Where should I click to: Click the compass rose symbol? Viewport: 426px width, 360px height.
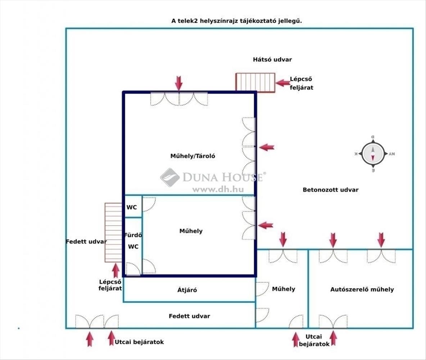point(373,154)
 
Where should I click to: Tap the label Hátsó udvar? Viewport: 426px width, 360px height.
point(272,59)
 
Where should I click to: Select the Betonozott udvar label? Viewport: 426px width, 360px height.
point(330,190)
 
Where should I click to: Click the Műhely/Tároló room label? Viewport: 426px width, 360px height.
point(192,156)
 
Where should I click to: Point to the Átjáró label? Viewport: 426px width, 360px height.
point(187,290)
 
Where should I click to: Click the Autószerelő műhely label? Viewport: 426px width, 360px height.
point(362,289)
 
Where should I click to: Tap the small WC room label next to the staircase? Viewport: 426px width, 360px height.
point(131,207)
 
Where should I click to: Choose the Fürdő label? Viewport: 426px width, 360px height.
point(133,235)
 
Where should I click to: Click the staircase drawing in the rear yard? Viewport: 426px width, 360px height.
point(255,82)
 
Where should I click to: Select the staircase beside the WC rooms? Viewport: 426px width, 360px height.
point(113,233)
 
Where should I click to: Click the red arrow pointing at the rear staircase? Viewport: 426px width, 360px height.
point(282,83)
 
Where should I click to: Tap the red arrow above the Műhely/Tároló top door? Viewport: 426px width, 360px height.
point(178,83)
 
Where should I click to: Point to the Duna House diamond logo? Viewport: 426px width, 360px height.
point(169,177)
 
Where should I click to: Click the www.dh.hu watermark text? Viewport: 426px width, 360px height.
point(218,189)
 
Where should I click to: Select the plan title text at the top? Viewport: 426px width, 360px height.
point(236,21)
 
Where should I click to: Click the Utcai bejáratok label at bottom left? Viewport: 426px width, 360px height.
point(139,342)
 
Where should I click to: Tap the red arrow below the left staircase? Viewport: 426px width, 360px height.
point(116,271)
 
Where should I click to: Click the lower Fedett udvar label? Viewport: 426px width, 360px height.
point(189,316)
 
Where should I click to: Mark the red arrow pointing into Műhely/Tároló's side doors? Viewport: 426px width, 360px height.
point(267,147)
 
